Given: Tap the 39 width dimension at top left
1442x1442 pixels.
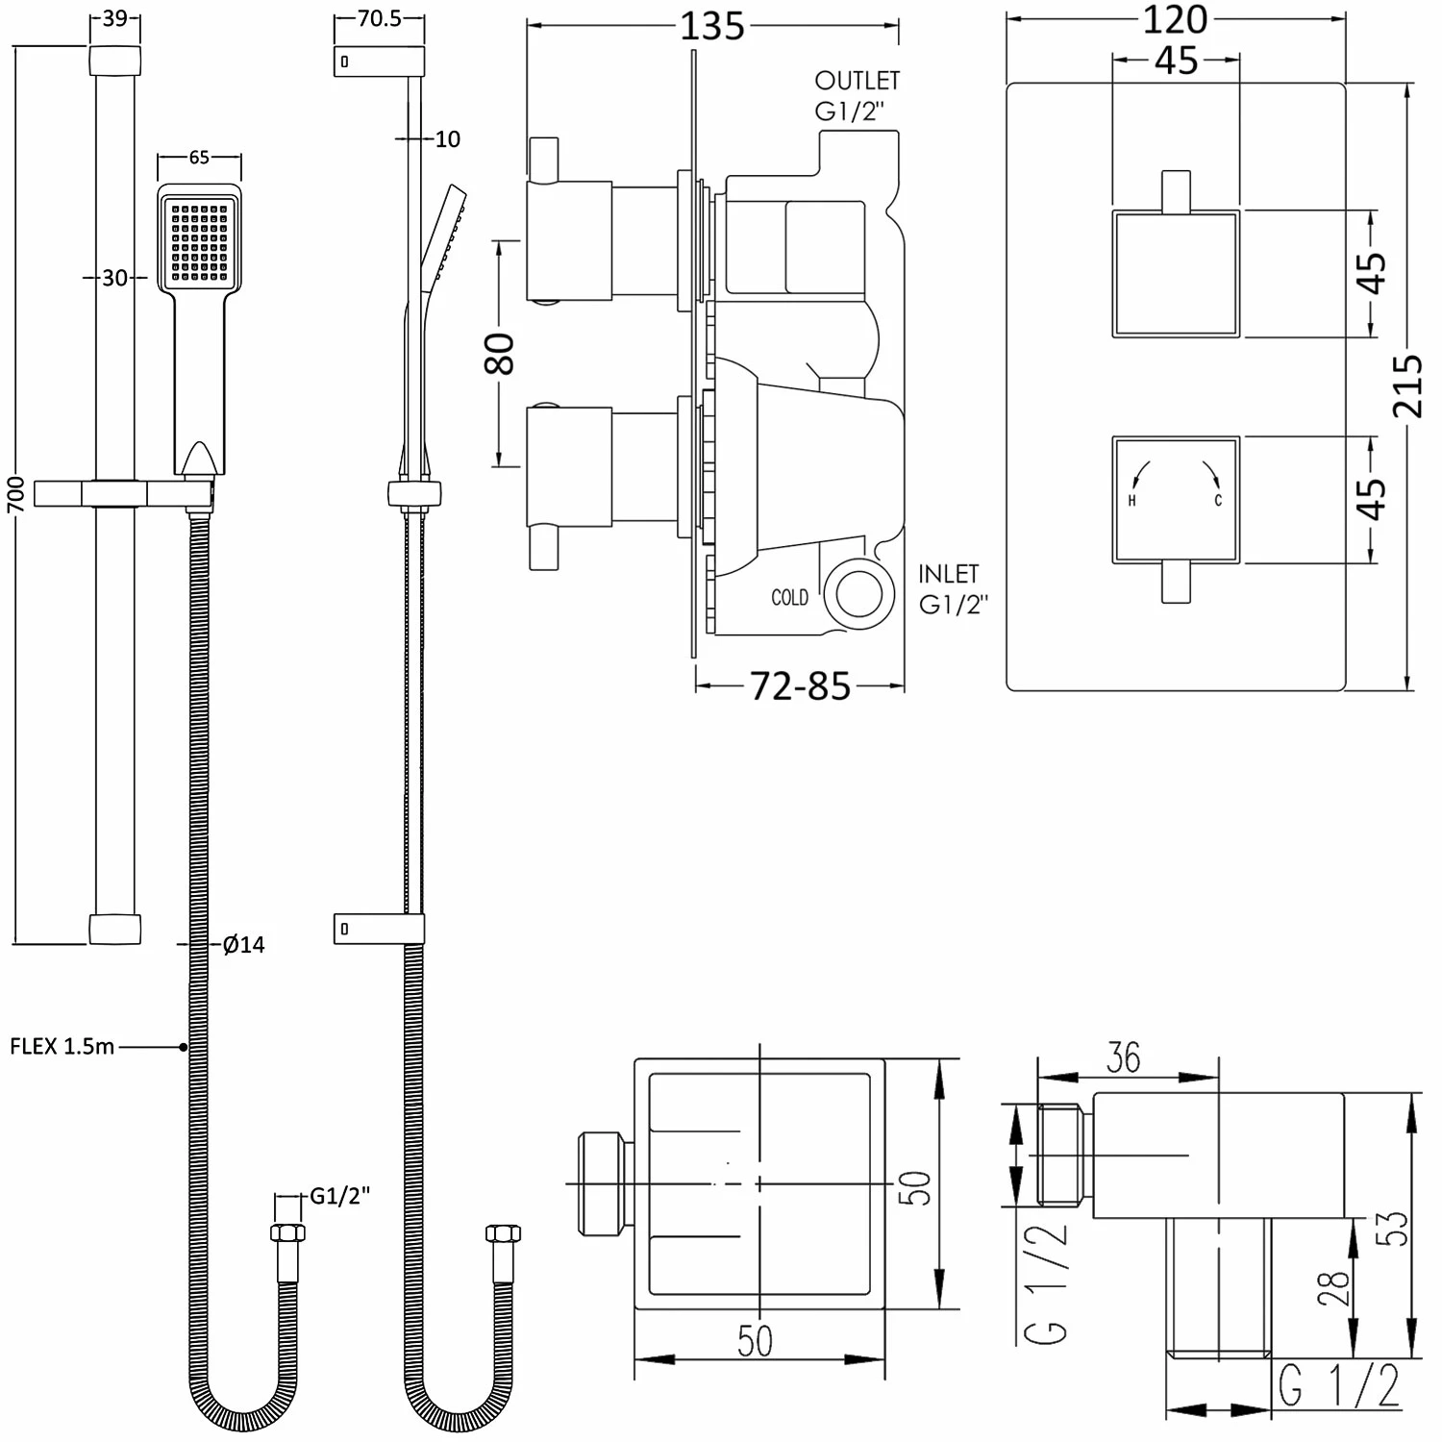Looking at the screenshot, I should [x=114, y=19].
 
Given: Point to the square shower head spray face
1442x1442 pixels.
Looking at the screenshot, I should [x=199, y=239].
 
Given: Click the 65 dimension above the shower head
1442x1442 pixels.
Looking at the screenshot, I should [x=199, y=157].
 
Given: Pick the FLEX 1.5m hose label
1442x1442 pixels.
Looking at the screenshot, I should [x=62, y=1046].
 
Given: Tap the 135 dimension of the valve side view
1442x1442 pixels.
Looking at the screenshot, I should [x=712, y=26].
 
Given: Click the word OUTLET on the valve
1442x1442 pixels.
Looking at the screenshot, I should [x=857, y=81].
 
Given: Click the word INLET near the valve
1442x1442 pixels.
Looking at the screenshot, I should [x=949, y=574].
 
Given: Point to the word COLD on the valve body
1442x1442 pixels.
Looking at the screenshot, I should [x=789, y=598].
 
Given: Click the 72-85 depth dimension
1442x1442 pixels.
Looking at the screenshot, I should [x=800, y=686].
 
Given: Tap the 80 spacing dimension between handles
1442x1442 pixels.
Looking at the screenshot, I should [x=501, y=353].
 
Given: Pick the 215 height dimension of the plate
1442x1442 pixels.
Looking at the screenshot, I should [x=1407, y=386].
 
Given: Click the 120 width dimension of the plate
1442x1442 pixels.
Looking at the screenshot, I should [x=1176, y=18].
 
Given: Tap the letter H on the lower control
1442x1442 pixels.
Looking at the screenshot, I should [x=1131, y=501].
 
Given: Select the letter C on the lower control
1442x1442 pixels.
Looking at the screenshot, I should [x=1218, y=501].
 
